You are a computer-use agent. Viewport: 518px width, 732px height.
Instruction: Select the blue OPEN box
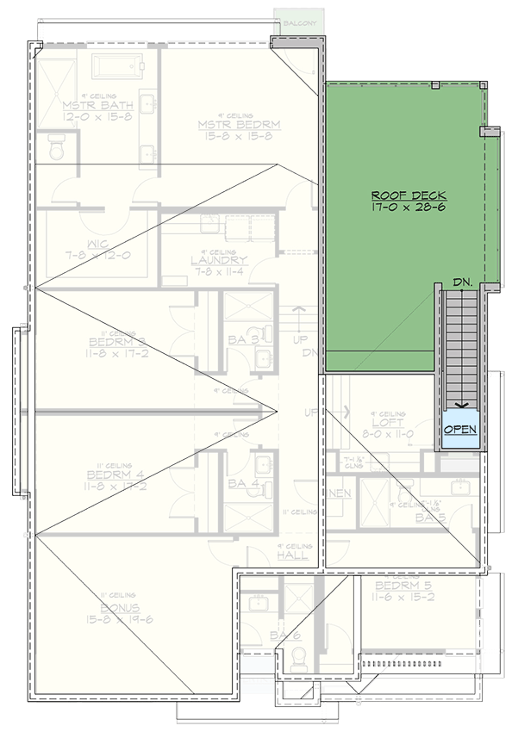click(460, 429)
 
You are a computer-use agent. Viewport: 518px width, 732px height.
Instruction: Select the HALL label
click(292, 556)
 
